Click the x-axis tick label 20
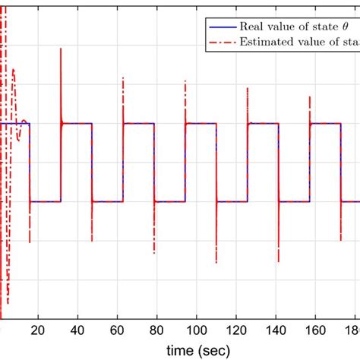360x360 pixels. [x=39, y=331]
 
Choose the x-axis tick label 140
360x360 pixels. [x=275, y=331]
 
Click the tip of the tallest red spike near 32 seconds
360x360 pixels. [x=61, y=49]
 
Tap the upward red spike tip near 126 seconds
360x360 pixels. [x=247, y=89]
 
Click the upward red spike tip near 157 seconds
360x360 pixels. [x=309, y=96]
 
